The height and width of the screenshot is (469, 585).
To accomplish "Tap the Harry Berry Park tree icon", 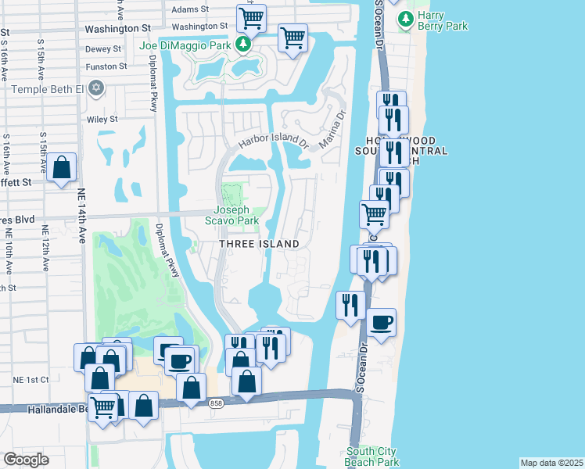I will pos(404,20).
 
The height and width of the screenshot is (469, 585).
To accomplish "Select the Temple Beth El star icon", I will pos(96,88).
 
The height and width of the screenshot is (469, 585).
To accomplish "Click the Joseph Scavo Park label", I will pos(232,215).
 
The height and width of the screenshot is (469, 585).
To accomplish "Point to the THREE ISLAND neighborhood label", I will pos(259,244).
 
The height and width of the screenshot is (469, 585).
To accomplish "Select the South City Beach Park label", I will pos(371,456).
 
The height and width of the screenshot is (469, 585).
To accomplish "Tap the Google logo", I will pos(26,459).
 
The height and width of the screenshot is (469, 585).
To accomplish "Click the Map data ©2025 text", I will pos(551,463).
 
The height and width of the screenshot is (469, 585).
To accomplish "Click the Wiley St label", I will pos(102,119).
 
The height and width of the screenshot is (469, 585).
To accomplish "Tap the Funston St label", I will pos(106,66).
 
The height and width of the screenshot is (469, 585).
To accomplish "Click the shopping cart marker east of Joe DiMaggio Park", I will pos(292,37).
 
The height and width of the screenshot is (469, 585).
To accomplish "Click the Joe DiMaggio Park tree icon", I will pos(245,43).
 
